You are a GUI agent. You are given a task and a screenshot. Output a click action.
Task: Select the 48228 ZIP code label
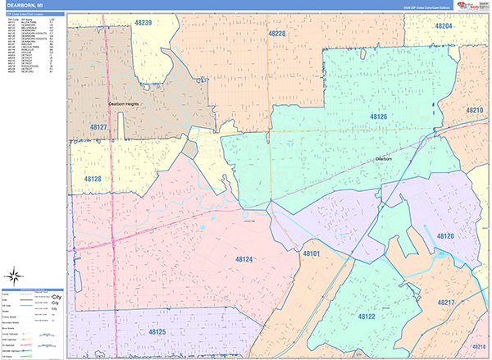coord(277,34)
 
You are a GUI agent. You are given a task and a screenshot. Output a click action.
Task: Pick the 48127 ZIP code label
coord(98,127)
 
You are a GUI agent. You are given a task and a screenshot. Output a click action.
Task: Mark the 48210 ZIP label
coord(474,110)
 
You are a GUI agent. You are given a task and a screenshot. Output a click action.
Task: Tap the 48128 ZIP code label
coord(92,178)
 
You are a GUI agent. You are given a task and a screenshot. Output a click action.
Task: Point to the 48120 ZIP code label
coord(445,236)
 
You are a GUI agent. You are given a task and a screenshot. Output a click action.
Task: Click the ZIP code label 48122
coord(366,316)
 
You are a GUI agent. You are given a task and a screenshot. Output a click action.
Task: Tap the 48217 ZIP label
coord(446,303)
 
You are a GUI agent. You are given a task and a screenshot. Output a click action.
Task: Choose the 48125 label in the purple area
coord(157,332)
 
